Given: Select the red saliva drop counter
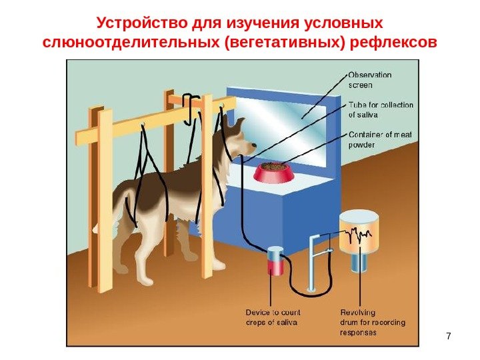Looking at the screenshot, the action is click(275, 261).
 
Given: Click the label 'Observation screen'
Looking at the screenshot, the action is click(370, 79).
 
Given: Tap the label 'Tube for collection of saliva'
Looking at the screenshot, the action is click(381, 109).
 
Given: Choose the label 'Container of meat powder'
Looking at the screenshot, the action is click(380, 139).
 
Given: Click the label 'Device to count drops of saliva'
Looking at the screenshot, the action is click(273, 317).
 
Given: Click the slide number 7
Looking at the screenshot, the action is click(449, 335).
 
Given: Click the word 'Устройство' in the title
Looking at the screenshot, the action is click(137, 24).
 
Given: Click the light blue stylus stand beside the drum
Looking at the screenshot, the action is click(314, 263).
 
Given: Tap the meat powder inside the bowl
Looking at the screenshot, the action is click(273, 166).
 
